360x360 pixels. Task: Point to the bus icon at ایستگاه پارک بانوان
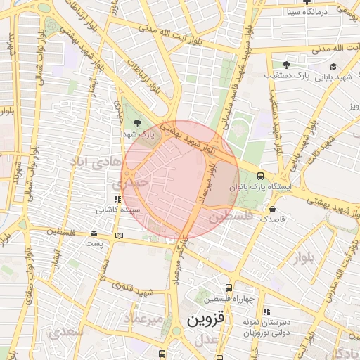click(x=261, y=176)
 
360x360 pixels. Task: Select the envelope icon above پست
click(x=94, y=233)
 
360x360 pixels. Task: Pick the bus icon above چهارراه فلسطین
click(x=229, y=288)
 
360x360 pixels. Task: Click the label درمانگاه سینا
click(x=309, y=12)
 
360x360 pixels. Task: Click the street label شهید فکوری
click(x=137, y=288)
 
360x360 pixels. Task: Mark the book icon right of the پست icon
click(x=118, y=233)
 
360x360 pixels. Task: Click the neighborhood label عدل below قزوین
click(x=204, y=340)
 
